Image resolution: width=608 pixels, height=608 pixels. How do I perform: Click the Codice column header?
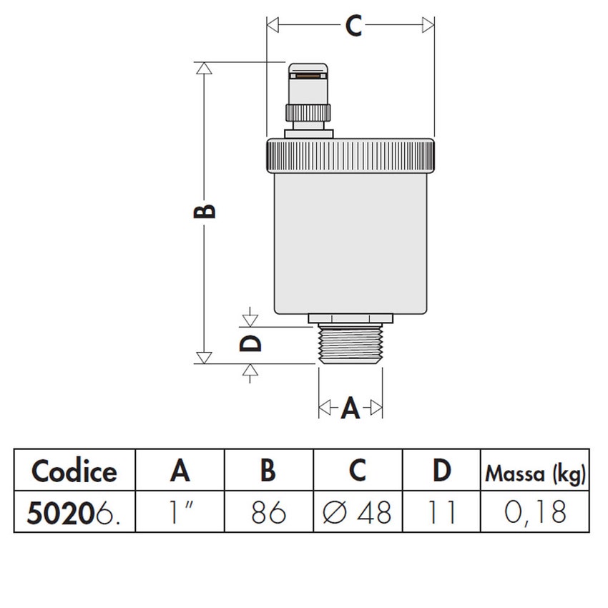tap(74, 471)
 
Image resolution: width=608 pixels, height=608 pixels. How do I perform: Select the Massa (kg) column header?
tap(536, 473)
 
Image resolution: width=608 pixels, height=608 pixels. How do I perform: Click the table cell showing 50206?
tap(74, 513)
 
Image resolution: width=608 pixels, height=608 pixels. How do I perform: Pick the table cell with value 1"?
tap(180, 513)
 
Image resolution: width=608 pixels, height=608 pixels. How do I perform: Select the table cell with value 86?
tap(268, 513)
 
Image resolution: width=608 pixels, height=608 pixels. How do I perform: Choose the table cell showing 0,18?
tap(536, 513)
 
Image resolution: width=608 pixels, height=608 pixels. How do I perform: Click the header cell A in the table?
tap(180, 471)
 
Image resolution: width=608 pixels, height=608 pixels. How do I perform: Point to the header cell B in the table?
tap(268, 471)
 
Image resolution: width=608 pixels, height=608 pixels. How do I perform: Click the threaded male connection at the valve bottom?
tap(350, 345)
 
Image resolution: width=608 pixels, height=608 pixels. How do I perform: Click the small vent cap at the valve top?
tap(309, 84)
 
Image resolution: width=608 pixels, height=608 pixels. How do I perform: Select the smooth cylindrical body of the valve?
tap(350, 243)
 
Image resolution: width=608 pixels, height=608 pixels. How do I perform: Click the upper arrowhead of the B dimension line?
tap(204, 69)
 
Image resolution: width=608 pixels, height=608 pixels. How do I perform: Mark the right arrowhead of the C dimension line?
tap(428, 25)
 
